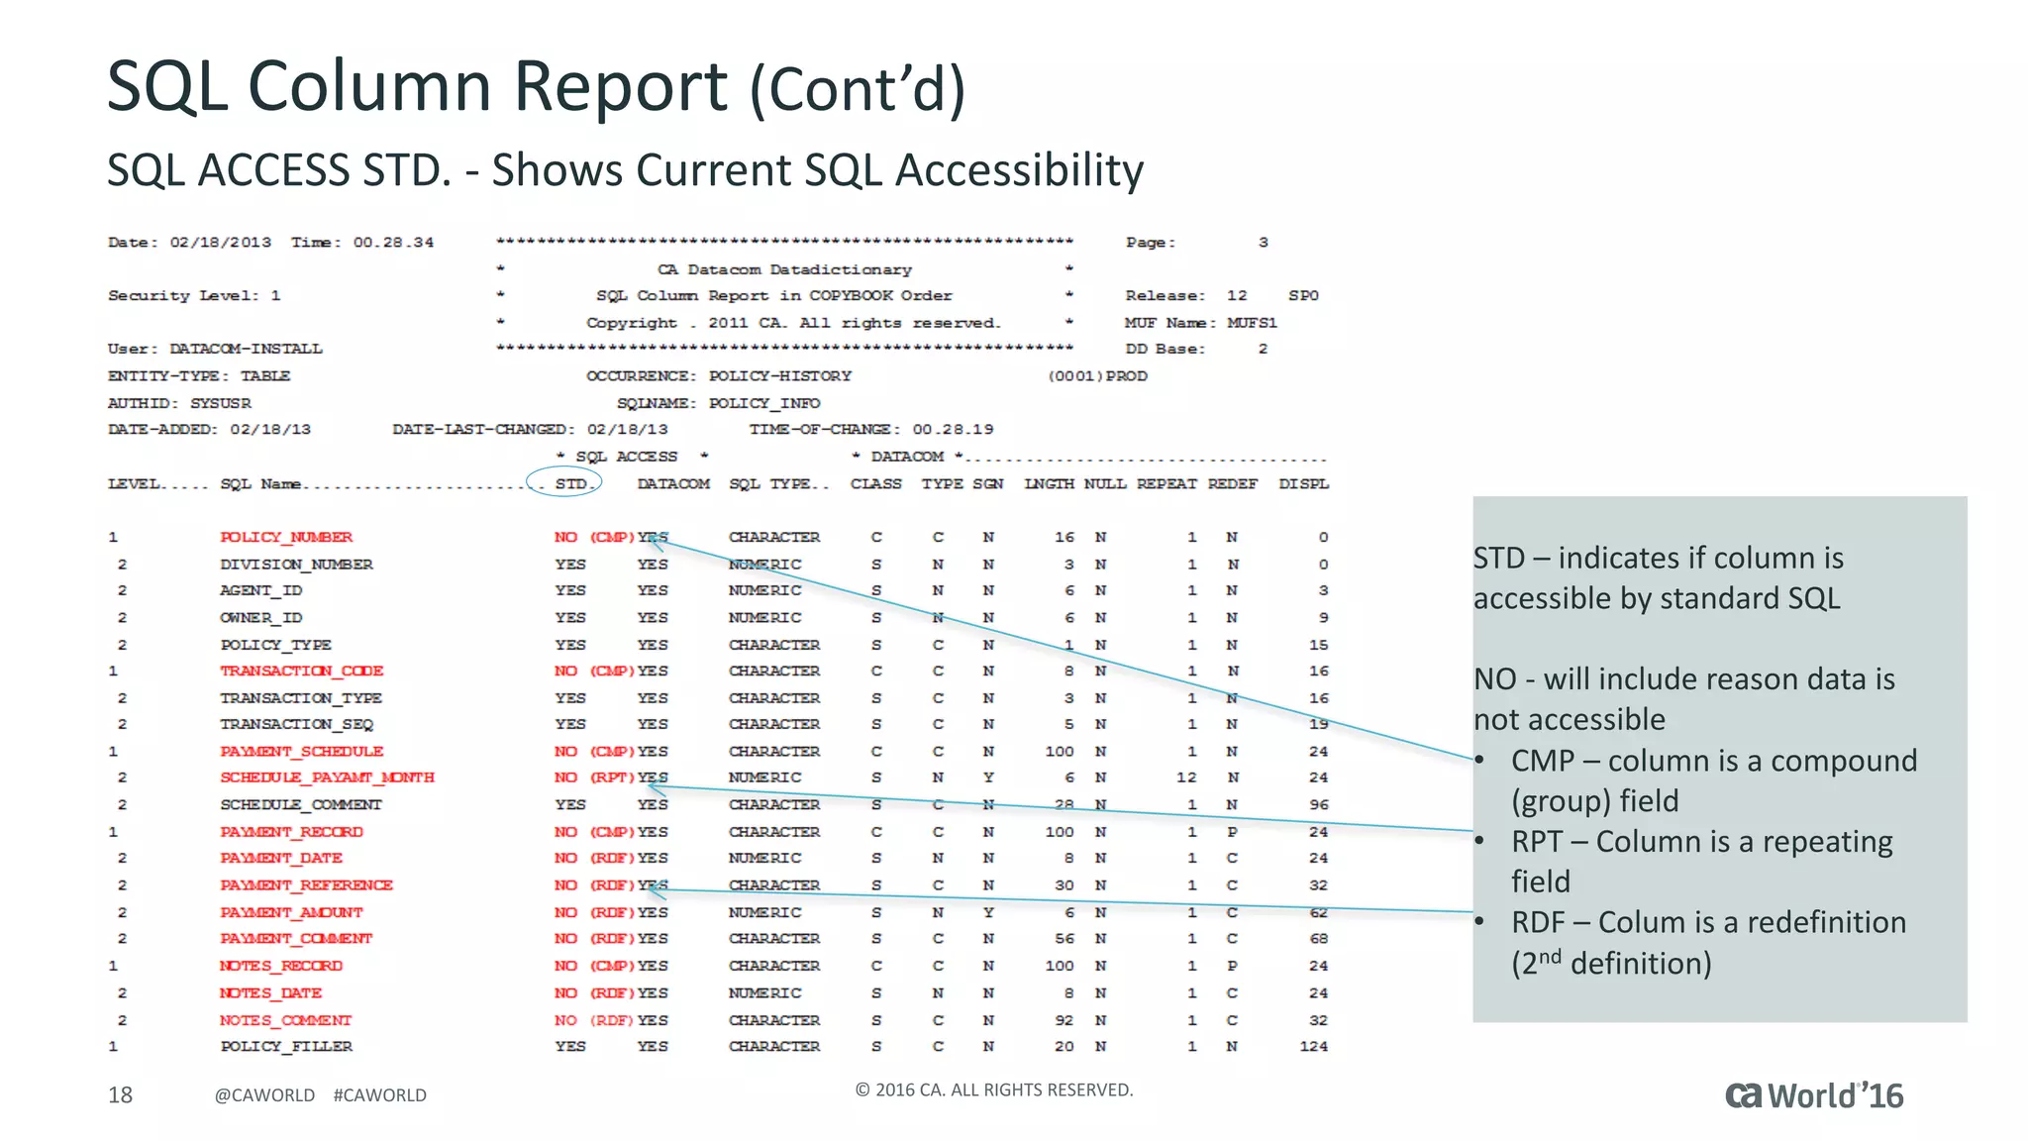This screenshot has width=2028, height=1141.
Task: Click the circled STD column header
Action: click(570, 483)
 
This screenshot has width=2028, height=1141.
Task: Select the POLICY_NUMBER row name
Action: click(286, 537)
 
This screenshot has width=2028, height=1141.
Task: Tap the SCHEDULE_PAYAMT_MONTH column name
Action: click(327, 778)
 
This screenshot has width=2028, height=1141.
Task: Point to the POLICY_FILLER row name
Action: click(286, 1046)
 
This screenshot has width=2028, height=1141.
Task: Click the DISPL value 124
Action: click(1313, 1046)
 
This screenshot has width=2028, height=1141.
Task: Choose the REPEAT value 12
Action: click(1186, 778)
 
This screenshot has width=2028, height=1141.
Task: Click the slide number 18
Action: click(120, 1094)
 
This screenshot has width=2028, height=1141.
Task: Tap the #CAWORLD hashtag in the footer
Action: click(380, 1095)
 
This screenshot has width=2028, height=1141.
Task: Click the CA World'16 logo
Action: click(1814, 1095)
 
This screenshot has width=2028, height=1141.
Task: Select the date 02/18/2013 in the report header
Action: click(220, 243)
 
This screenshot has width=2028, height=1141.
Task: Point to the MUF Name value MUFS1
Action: click(1252, 323)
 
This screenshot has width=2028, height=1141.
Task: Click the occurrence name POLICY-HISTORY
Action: click(779, 376)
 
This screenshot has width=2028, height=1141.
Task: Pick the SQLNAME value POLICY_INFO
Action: click(763, 403)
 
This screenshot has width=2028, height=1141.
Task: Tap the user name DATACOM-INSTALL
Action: click(246, 349)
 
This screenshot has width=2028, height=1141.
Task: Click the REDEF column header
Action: click(1232, 483)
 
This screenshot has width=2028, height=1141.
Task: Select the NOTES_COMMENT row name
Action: click(285, 1020)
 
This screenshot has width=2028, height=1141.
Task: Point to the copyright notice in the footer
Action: click(993, 1089)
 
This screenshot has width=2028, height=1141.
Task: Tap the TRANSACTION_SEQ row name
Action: click(296, 724)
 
